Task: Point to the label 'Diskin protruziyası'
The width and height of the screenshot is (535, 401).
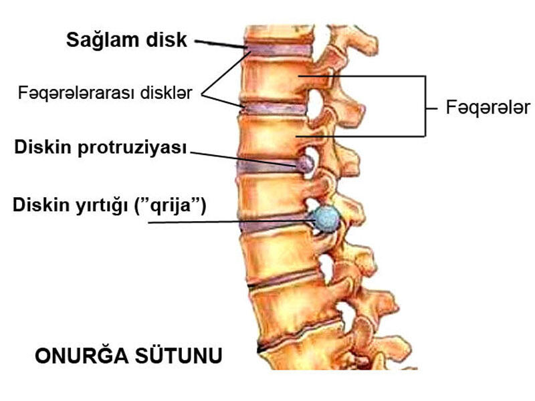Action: coord(100,148)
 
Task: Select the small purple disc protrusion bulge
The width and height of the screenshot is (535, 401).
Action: coord(306,162)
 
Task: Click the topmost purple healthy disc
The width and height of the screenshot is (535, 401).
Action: coord(278,51)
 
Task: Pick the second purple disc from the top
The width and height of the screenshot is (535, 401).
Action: coord(274,108)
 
